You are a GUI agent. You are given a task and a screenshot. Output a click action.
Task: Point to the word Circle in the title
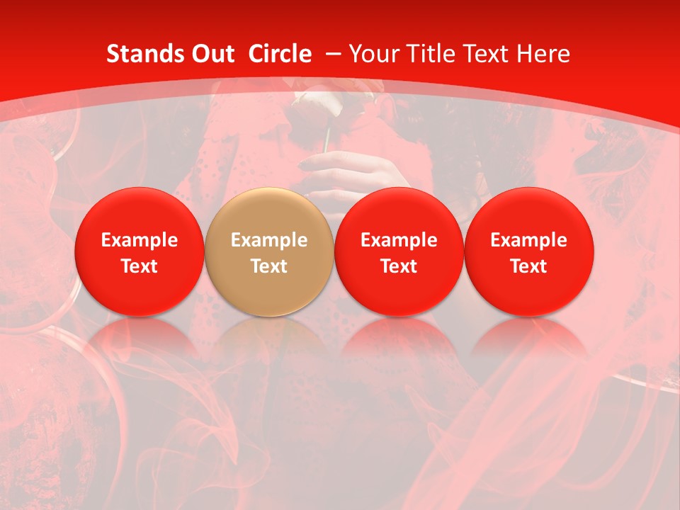pyautogui.click(x=280, y=54)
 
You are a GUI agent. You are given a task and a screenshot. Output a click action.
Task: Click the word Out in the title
pyautogui.click(x=210, y=54)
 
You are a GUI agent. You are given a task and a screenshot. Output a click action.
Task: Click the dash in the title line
pyautogui.click(x=334, y=54)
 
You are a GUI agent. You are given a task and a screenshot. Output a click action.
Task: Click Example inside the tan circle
pyautogui.click(x=269, y=240)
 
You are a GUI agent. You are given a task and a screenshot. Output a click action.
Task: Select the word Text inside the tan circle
pyautogui.click(x=269, y=266)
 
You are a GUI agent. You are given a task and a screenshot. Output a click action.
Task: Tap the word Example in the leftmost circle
pyautogui.click(x=140, y=240)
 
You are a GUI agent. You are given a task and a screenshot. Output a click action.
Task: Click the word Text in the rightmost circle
pyautogui.click(x=529, y=266)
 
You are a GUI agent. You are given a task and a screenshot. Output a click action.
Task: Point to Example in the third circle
pyautogui.click(x=399, y=240)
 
